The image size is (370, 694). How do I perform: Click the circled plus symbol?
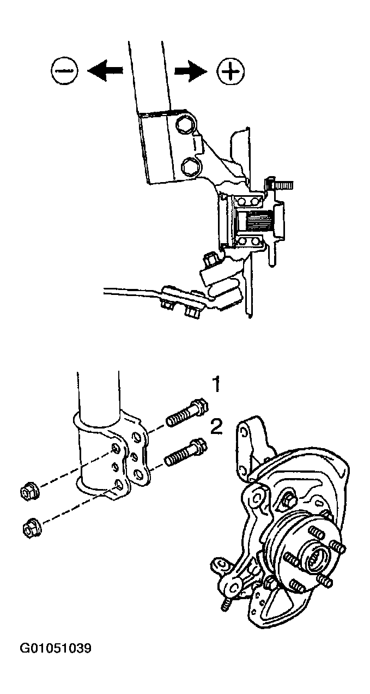pyautogui.click(x=231, y=71)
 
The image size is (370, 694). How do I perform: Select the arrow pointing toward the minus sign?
pyautogui.click(x=105, y=71)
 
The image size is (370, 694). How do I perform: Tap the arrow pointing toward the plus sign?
pyautogui.click(x=191, y=71)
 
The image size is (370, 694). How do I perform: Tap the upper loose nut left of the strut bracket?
pyautogui.click(x=29, y=491)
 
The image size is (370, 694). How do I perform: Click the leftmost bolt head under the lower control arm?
pyautogui.click(x=167, y=305)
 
